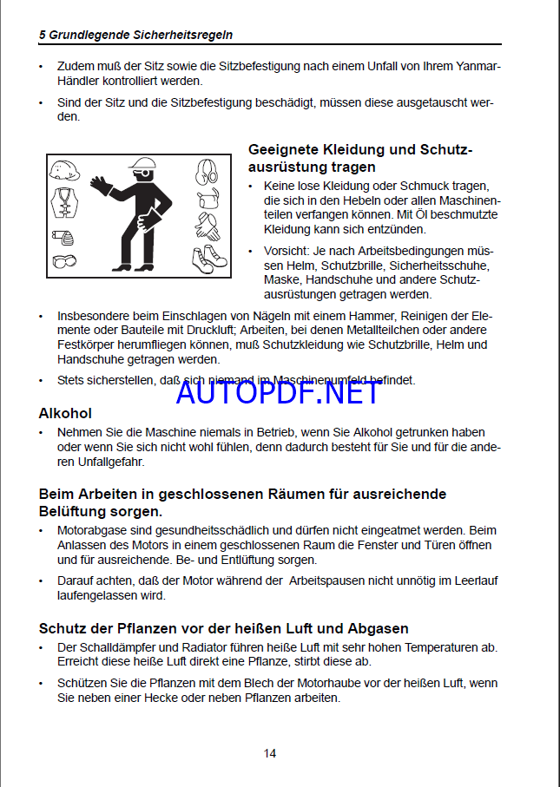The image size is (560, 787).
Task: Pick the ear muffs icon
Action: coord(207,170)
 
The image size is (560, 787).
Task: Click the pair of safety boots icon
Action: coord(208,258)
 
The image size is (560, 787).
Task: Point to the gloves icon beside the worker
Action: coord(207,227)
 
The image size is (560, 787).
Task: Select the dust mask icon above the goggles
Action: coord(64,236)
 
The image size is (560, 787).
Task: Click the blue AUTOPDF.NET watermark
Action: coord(266,392)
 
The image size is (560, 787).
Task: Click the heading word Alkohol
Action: coord(65,413)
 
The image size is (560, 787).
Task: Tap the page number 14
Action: coord(270,753)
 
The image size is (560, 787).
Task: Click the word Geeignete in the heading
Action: coord(281,149)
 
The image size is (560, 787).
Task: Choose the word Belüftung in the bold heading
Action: coord(72,511)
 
